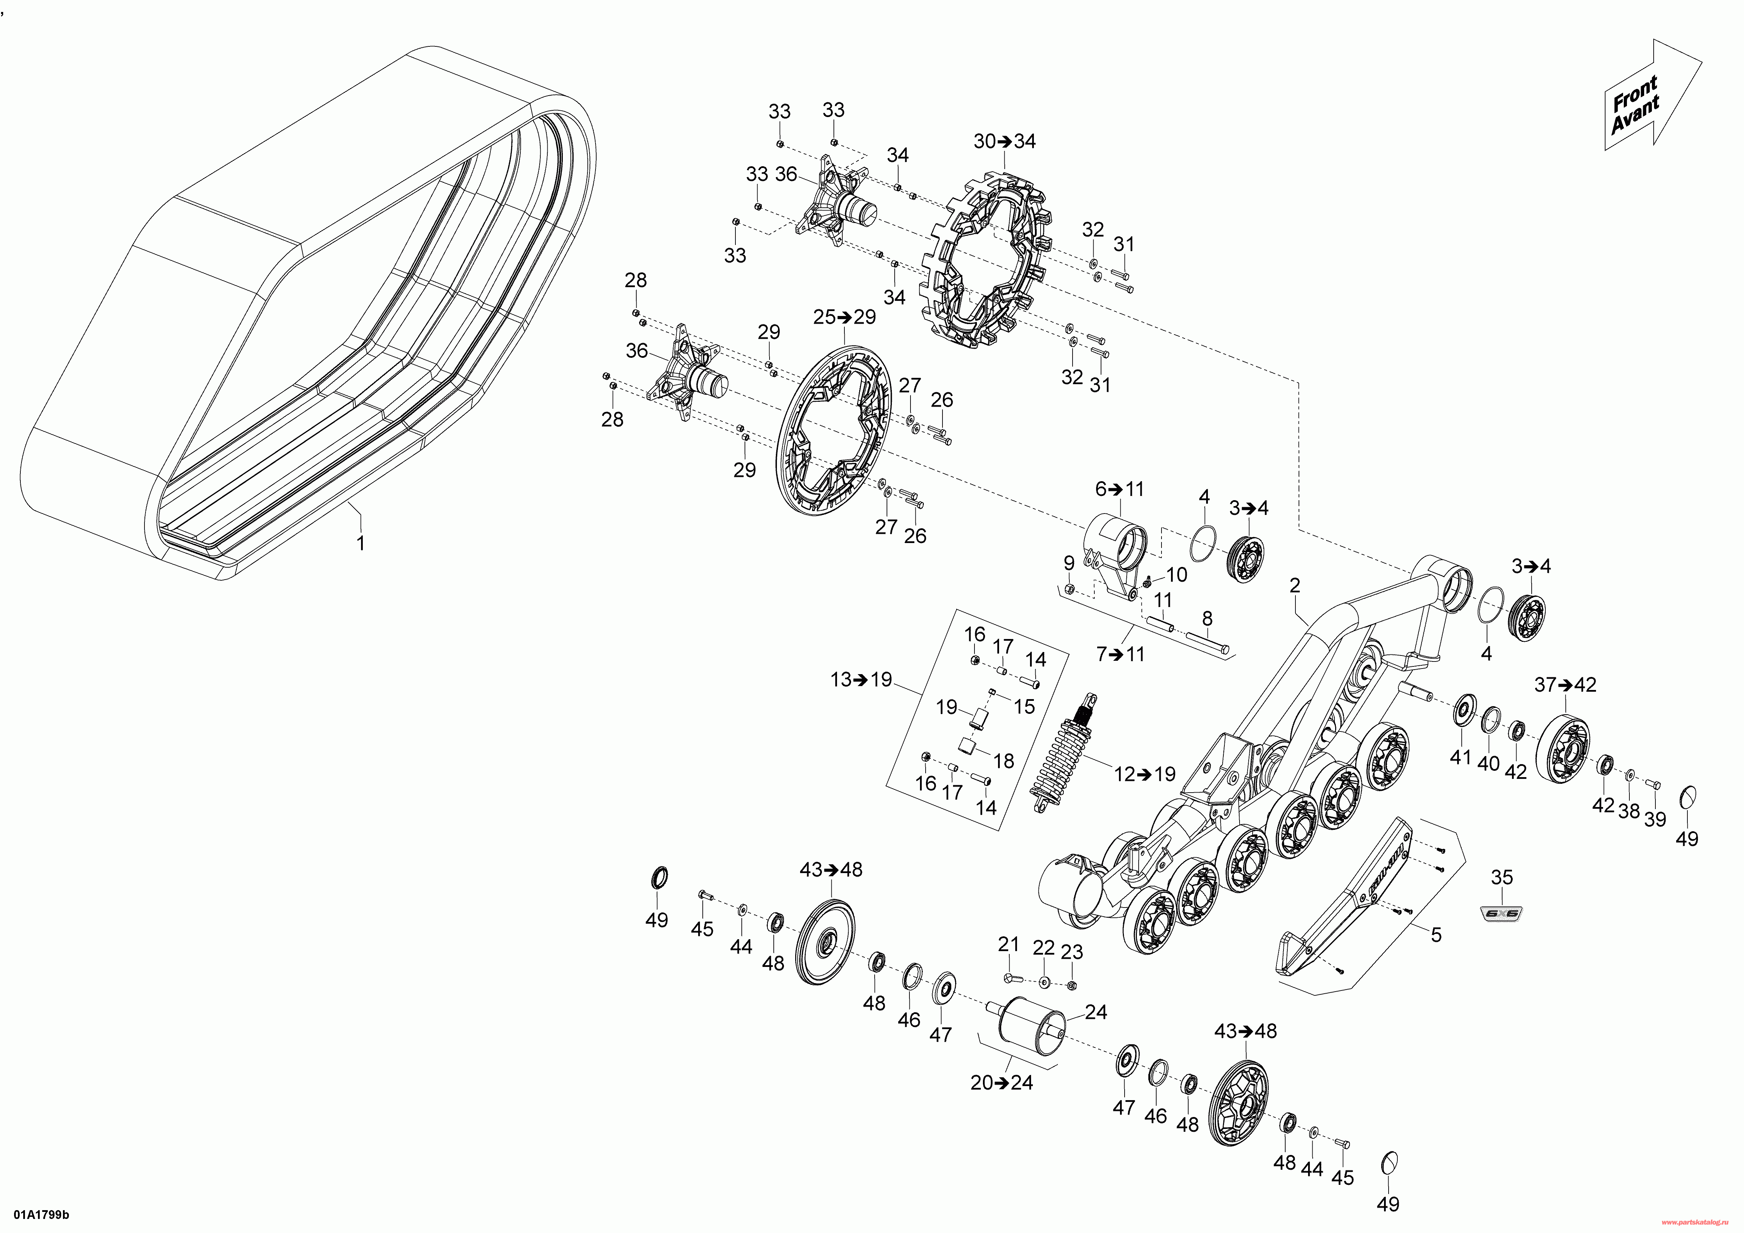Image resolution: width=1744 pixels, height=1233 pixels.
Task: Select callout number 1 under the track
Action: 361,544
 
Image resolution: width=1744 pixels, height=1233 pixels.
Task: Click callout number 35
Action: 1502,878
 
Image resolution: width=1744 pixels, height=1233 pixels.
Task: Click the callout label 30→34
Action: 1004,141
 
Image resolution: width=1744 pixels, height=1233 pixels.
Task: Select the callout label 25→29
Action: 844,317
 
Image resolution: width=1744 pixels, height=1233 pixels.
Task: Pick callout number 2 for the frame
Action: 1294,585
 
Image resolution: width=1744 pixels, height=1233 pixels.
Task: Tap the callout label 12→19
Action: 1145,774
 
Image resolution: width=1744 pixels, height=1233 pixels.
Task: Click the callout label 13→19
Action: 861,679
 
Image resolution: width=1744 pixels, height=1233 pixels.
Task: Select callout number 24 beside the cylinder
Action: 1096,1012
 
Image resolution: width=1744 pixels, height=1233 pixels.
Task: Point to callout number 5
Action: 1436,935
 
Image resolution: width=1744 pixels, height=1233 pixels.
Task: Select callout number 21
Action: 1008,944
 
